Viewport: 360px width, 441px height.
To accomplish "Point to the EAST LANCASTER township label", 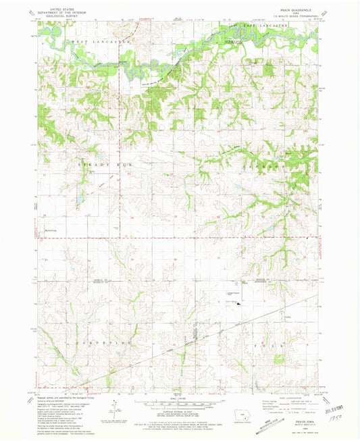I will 265,26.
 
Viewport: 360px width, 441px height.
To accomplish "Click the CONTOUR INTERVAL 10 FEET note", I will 181,411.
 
